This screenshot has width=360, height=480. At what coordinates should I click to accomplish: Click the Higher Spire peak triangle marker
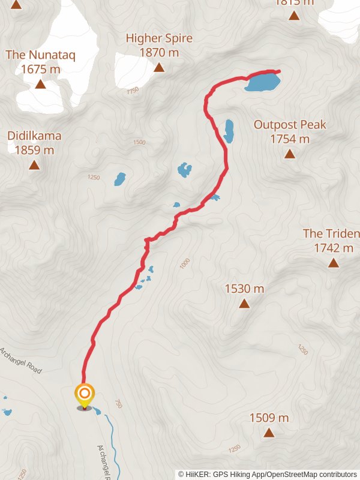159,67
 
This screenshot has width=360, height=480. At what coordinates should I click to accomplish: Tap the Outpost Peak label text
290,125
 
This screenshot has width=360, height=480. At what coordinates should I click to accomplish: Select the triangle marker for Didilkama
34,165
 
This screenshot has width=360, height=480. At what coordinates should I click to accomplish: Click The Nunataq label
40,55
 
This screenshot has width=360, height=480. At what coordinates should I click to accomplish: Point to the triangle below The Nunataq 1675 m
40,84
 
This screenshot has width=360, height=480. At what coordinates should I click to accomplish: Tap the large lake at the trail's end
263,82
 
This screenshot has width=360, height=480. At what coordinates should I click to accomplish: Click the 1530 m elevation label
244,289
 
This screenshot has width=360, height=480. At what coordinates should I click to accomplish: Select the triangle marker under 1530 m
244,304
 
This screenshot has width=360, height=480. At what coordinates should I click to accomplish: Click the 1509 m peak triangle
269,433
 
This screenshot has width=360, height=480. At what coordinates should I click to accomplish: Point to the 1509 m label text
269,418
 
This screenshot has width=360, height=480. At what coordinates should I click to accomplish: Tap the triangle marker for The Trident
334,263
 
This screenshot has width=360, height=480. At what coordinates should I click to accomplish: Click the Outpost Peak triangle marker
290,154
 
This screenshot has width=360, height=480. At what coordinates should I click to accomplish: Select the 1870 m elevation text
159,52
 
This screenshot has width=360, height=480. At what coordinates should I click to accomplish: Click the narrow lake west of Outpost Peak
229,131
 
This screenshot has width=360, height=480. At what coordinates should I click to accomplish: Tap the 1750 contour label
133,90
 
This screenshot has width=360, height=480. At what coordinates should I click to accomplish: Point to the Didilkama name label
34,136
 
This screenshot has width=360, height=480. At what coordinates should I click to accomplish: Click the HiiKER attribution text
267,474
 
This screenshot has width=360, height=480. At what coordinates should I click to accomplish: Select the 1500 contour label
139,142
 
